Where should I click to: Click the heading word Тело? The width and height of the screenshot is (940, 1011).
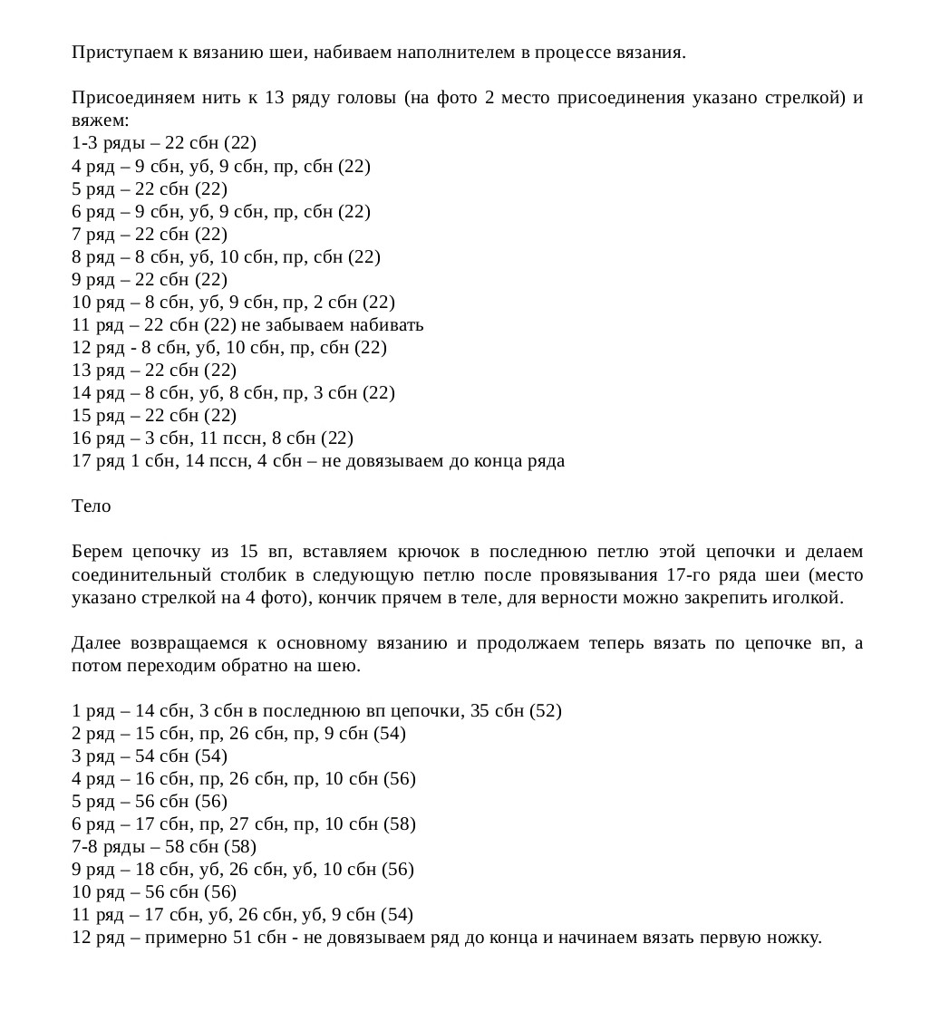pos(92,506)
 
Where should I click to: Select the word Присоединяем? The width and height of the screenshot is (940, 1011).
pos(124,98)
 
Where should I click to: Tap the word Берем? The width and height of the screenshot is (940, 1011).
pos(95,552)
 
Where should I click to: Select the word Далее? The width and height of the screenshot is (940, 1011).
pos(95,643)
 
